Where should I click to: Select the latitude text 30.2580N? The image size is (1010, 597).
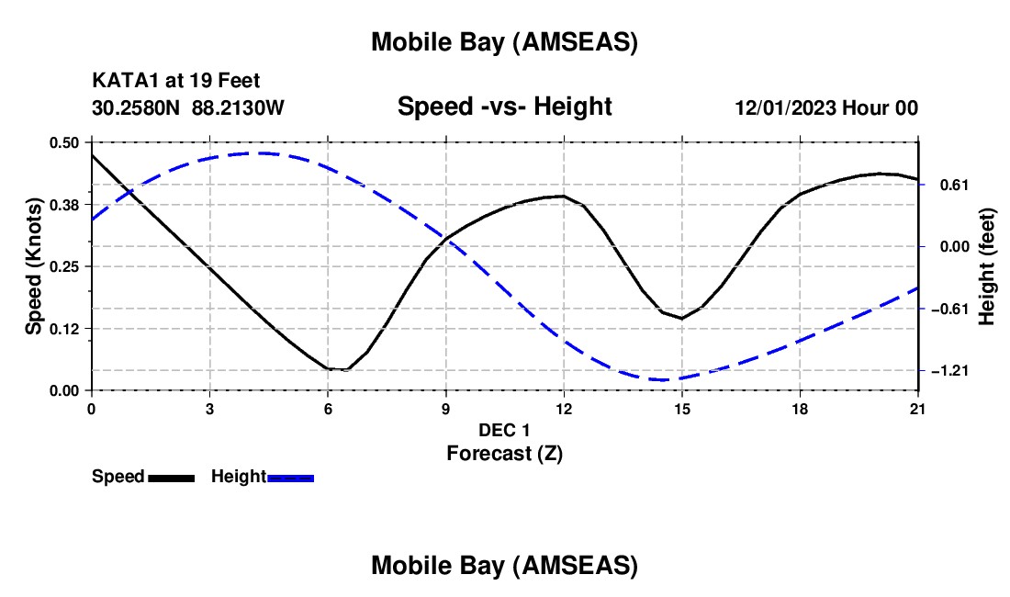[x=137, y=107]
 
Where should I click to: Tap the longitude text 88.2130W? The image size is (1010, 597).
[x=239, y=107]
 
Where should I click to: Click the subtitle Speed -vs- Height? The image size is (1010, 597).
[x=504, y=107]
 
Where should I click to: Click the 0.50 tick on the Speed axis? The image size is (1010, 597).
[x=64, y=142]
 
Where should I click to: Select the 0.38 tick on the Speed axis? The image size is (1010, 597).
[x=64, y=205]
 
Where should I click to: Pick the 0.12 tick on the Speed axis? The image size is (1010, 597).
[x=64, y=329]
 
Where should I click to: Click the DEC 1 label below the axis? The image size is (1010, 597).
[x=504, y=430]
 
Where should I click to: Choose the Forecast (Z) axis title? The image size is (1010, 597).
[x=504, y=453]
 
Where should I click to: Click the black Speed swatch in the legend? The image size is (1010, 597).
[x=171, y=477]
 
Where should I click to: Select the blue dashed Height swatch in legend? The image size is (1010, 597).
[x=291, y=477]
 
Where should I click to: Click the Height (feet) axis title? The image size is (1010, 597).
[x=987, y=267]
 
